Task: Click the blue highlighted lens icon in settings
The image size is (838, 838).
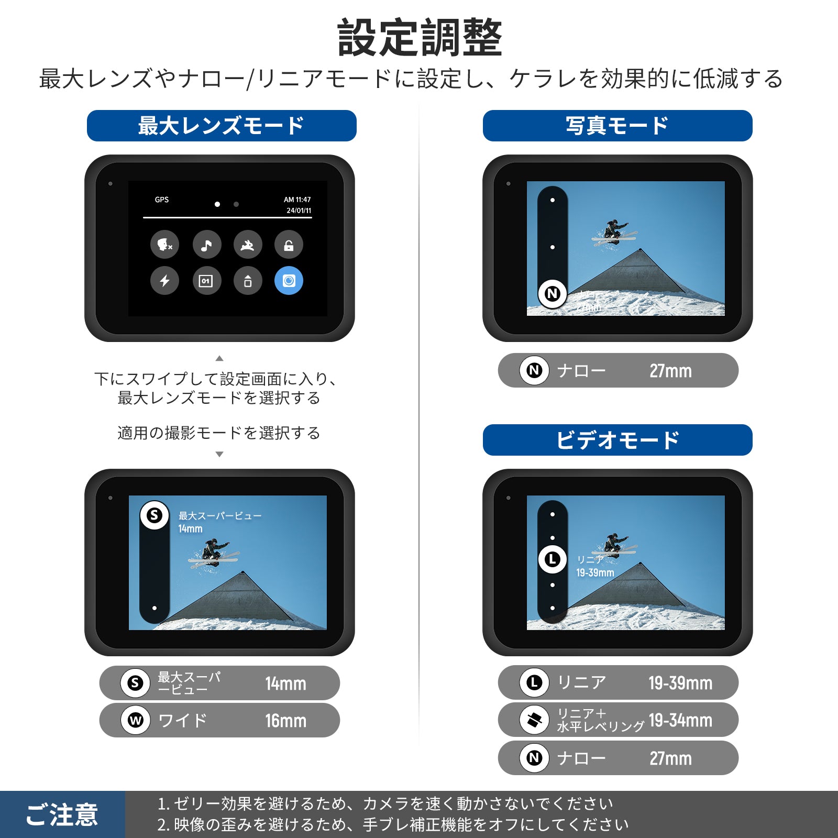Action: click(289, 281)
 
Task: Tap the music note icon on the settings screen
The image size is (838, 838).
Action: click(207, 245)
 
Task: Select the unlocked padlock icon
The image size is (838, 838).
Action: click(289, 245)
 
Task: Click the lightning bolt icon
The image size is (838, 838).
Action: click(165, 281)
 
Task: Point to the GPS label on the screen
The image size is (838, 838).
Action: click(162, 200)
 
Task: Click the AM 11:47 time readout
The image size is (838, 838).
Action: click(297, 200)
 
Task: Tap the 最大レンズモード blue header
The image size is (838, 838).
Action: click(222, 126)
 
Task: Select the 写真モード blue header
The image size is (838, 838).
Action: click(618, 126)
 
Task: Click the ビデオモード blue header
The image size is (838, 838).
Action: click(618, 440)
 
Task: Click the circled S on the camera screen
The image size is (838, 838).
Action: click(155, 515)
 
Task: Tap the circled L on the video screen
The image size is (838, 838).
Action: click(553, 559)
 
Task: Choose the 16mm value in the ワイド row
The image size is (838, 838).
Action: click(285, 721)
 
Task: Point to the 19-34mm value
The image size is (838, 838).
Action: click(680, 721)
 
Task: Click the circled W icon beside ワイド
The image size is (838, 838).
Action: click(136, 721)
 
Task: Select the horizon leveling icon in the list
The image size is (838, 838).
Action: click(534, 720)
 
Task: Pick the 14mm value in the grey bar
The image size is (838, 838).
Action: click(285, 683)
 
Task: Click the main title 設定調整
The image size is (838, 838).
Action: click(420, 38)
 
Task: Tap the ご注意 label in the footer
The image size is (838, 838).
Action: click(62, 815)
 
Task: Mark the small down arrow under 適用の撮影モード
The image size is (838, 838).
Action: click(219, 454)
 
